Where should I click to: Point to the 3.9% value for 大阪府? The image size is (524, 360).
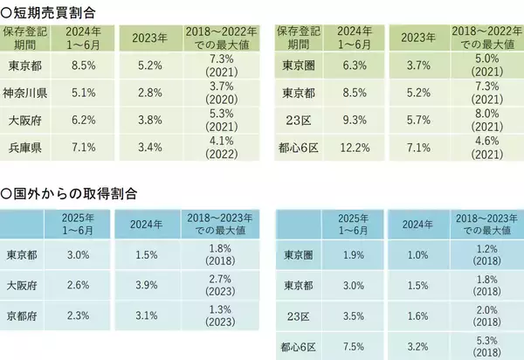coord(144,285)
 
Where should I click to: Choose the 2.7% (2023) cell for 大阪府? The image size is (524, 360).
coord(218,285)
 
